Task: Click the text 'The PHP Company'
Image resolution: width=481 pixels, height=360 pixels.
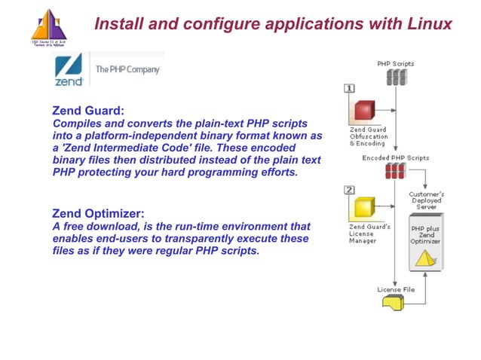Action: pyautogui.click(x=127, y=69)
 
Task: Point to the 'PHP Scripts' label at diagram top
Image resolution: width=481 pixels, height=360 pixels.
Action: pyautogui.click(x=395, y=64)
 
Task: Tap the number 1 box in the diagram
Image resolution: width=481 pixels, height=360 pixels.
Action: pyautogui.click(x=350, y=89)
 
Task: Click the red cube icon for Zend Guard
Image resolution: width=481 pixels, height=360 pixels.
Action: pyautogui.click(x=366, y=111)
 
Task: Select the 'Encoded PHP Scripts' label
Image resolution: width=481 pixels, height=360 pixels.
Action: pyautogui.click(x=396, y=158)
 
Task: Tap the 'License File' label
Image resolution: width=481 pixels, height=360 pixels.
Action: pyautogui.click(x=396, y=289)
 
